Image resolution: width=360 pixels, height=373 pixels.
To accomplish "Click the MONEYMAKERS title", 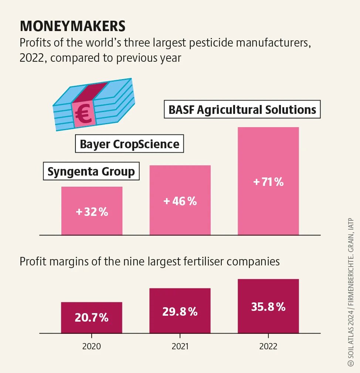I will tap(72, 26).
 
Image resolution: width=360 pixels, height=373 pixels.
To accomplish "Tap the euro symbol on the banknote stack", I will tap(84, 114).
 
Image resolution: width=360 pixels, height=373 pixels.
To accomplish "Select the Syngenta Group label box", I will tap(91, 172).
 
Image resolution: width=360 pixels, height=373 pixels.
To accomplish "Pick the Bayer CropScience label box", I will tap(129, 144).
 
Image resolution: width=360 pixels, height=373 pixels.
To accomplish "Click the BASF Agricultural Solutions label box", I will tap(242, 109).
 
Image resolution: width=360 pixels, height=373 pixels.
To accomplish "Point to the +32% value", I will tap(92, 212).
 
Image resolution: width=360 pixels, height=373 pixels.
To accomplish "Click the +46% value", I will tap(180, 201).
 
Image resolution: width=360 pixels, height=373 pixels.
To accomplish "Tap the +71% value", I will tap(268, 182).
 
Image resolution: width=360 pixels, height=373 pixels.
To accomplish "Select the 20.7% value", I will tap(92, 317).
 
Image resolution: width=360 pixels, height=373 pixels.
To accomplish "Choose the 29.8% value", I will tap(180, 312).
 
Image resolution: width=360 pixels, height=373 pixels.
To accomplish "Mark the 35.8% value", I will tap(268, 307).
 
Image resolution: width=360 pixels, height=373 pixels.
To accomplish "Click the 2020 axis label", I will tap(91, 347).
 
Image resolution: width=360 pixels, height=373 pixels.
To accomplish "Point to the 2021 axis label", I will tap(180, 347).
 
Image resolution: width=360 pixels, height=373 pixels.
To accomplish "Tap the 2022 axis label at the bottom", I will tap(268, 347).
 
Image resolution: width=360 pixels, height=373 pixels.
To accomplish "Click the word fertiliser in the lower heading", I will tap(204, 261).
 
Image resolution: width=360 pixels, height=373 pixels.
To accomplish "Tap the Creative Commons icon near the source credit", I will tap(351, 364).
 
